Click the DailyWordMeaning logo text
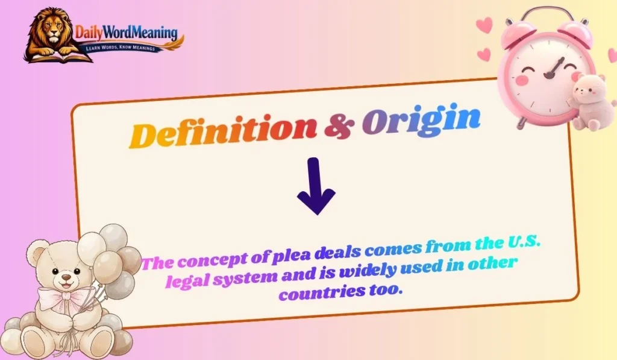(x=127, y=31)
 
